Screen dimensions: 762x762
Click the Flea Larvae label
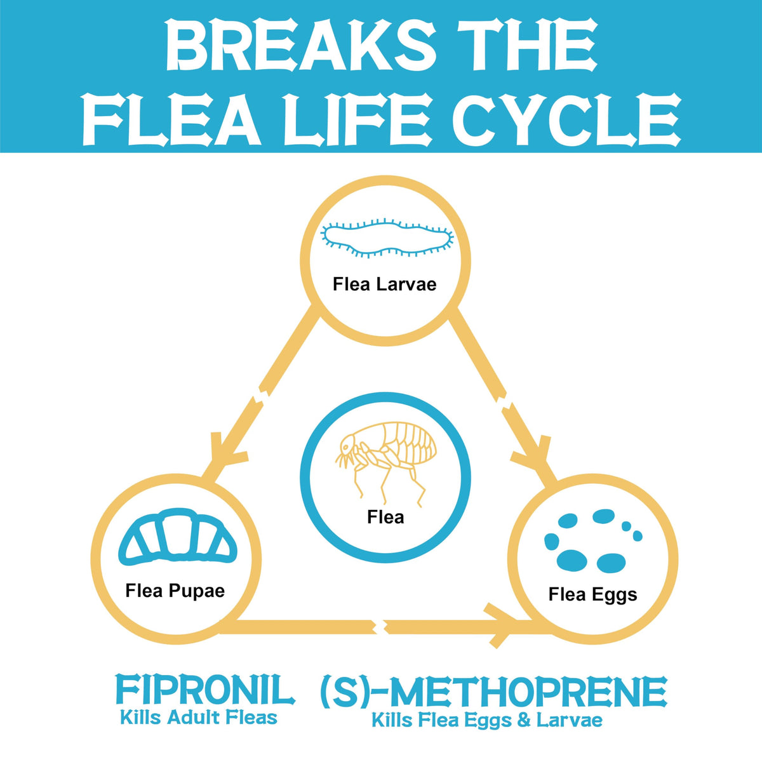point(384,284)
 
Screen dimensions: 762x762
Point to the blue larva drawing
point(387,237)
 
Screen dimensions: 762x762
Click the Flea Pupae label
point(175,591)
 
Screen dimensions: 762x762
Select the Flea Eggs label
point(592,594)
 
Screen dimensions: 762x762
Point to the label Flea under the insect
point(385,517)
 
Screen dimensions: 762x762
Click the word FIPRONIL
point(204,690)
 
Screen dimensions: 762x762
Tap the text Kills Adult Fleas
point(199,718)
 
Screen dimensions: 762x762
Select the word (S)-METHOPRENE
point(493,692)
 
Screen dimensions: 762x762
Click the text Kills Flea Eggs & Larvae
point(486,720)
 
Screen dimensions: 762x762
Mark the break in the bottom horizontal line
point(379,627)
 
